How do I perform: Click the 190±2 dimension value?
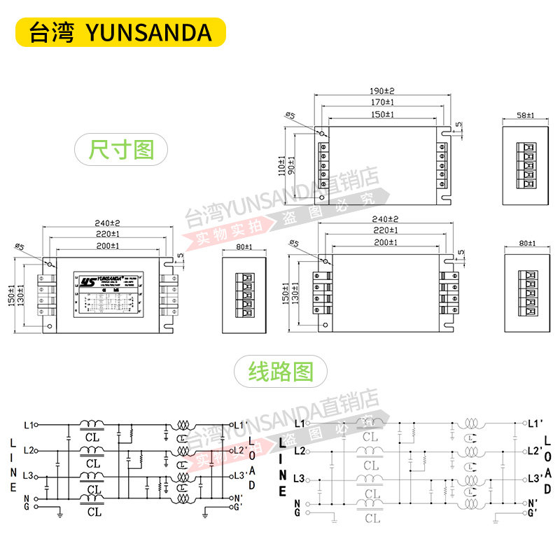click(x=382, y=91)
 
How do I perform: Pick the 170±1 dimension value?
click(x=382, y=103)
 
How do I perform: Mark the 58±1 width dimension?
click(x=525, y=115)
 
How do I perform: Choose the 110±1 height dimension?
click(x=281, y=165)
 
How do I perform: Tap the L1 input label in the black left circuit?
click(x=28, y=424)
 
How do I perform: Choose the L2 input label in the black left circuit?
click(x=28, y=450)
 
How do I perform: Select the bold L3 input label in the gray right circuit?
click(x=300, y=478)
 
